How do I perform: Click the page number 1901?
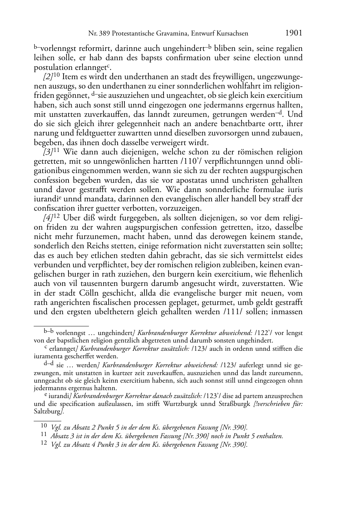[x=294, y=33]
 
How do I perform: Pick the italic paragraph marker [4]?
[x=48, y=218]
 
